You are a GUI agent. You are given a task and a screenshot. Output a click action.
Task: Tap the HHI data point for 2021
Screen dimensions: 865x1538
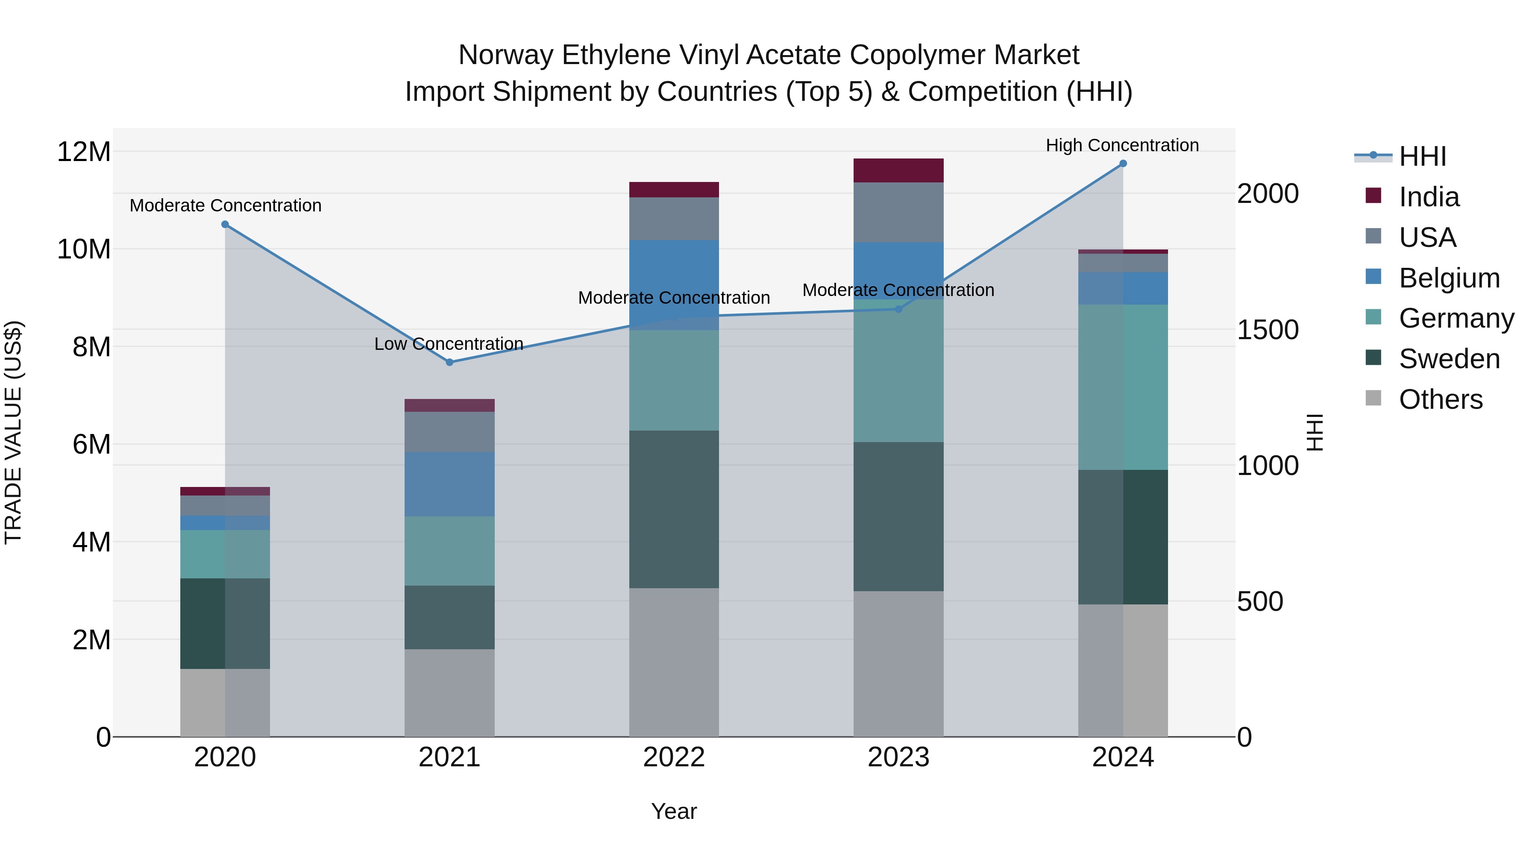coord(449,362)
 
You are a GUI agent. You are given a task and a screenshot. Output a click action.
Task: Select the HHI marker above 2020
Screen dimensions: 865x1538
coord(225,224)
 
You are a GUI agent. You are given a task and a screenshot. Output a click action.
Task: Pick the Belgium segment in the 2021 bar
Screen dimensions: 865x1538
coord(449,484)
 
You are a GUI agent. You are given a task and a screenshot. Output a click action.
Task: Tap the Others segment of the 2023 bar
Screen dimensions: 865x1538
coord(898,664)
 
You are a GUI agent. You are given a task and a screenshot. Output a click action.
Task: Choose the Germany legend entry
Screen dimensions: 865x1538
coord(1456,318)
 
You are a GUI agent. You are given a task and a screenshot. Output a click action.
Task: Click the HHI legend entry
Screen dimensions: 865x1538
coord(1422,156)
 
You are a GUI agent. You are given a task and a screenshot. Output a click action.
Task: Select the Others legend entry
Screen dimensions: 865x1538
coord(1440,399)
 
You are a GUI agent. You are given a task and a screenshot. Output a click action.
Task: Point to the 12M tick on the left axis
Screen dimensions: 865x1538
coord(84,152)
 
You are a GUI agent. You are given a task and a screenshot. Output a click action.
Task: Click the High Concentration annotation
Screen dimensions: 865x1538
coord(1122,145)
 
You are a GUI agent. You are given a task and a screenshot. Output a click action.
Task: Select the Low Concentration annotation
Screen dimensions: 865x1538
coord(449,344)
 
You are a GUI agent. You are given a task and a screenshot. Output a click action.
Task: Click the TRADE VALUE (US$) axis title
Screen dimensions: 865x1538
coord(13,432)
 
